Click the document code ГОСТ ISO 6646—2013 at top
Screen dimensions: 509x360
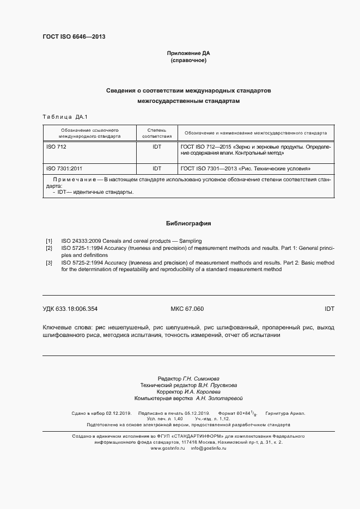coord(74,36)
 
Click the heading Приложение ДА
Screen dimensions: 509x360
coord(188,53)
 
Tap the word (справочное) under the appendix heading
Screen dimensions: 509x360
coord(188,60)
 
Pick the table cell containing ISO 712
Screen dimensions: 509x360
coord(56,147)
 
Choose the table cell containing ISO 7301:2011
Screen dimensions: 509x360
coord(64,169)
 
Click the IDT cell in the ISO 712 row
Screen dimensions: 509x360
coord(156,147)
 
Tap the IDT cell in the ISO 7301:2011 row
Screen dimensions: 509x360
coord(156,169)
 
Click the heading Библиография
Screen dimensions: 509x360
coord(188,223)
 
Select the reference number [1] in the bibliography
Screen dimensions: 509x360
coord(49,241)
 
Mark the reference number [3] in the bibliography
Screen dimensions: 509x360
coord(49,262)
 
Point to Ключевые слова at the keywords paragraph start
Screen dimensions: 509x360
coord(66,328)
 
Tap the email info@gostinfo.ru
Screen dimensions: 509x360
coord(209,447)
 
